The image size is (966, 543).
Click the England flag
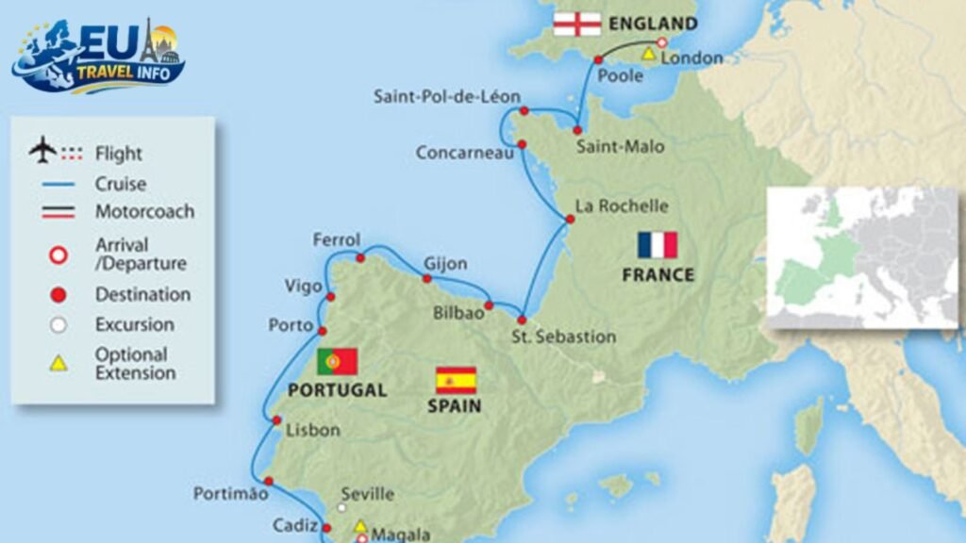575,24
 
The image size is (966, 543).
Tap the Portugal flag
337,361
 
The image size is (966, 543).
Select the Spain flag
456,380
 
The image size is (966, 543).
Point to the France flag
658,245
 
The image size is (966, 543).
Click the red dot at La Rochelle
570,220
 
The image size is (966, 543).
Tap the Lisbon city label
312,430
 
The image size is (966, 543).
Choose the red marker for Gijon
427,279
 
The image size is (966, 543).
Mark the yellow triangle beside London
649,56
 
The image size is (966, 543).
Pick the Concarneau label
459,152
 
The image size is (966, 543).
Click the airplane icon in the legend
42,150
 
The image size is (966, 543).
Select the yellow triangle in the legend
58,363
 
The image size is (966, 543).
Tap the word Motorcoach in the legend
144,211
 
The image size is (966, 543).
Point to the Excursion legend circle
58,325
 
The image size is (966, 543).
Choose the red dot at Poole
598,59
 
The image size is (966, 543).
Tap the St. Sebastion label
563,337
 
